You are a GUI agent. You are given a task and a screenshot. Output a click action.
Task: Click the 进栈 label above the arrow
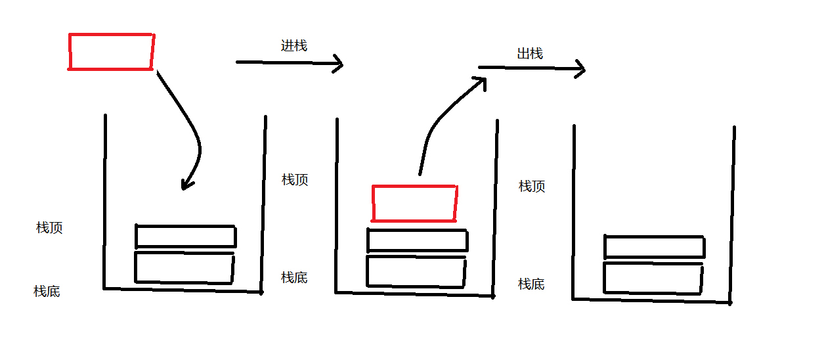tap(294, 46)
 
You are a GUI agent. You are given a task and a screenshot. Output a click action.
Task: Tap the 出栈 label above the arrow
tap(530, 54)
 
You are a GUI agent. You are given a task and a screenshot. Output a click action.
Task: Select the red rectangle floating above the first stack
tap(111, 51)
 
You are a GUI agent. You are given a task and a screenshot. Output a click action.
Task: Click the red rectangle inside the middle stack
tap(414, 203)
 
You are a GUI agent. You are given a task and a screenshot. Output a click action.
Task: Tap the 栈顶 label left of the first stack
tap(49, 228)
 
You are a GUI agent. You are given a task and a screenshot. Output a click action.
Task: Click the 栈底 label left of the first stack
tap(47, 291)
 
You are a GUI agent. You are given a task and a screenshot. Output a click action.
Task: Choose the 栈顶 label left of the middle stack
tap(295, 180)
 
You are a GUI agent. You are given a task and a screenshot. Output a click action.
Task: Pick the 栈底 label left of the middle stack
tap(294, 277)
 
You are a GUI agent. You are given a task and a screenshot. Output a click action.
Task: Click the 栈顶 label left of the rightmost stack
tap(532, 187)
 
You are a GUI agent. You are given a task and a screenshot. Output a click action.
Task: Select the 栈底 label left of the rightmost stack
tap(531, 284)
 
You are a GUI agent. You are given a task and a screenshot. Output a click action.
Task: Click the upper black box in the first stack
tap(185, 236)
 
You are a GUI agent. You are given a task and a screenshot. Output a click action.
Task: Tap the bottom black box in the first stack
tap(184, 267)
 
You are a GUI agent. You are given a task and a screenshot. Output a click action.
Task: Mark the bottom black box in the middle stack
tap(416, 271)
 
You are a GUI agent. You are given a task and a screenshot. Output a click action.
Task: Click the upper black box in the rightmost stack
tap(654, 247)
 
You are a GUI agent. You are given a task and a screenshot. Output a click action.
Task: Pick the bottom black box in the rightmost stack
tap(653, 278)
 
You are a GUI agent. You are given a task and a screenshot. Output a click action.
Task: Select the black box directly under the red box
tap(417, 240)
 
